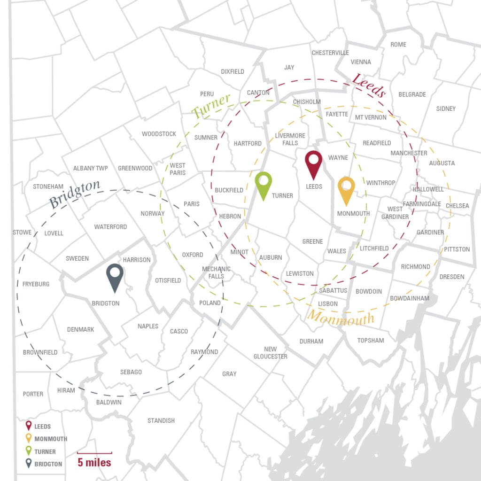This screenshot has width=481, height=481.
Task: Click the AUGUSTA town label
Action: coord(442,163)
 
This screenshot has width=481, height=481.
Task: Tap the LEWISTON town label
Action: coord(300,273)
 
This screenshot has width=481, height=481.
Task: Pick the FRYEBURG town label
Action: coord(36,284)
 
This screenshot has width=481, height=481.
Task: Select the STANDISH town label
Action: coord(161,420)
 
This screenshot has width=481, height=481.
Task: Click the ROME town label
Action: coord(398,44)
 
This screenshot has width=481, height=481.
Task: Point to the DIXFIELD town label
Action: coord(233,71)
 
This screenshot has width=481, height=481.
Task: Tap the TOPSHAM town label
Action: coord(371,340)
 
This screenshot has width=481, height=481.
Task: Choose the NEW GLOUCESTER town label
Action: coord(270,353)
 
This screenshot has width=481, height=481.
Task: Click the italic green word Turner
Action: coord(211,106)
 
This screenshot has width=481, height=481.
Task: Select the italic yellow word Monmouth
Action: coord(341,319)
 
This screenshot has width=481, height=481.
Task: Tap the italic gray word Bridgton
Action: coord(75,194)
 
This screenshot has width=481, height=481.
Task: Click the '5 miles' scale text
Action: coord(94,462)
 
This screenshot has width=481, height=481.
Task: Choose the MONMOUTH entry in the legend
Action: coord(51,439)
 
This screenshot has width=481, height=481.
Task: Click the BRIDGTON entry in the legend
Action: coord(48,464)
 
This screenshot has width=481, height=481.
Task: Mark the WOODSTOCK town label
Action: coord(159,134)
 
